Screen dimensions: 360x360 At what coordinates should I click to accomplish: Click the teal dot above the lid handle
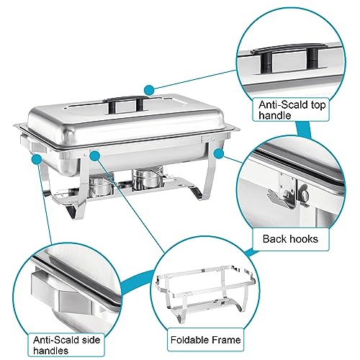148,89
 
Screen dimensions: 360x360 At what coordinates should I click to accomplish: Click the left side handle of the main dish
35,148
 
